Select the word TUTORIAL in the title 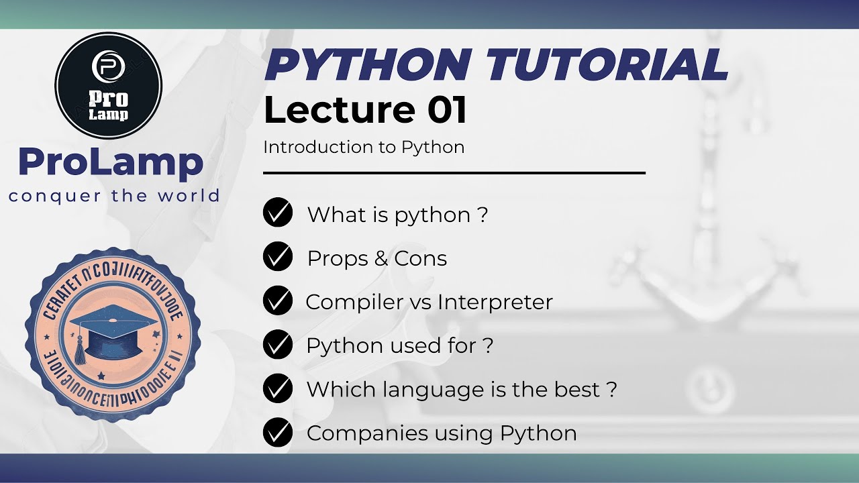(x=607, y=66)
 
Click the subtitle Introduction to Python (x=364, y=148)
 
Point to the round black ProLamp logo (x=109, y=85)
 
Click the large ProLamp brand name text (x=111, y=162)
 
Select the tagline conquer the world (x=114, y=196)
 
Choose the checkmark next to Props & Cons (x=278, y=258)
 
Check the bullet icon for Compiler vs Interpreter (x=278, y=301)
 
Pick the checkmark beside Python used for (x=278, y=345)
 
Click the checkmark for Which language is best (x=278, y=389)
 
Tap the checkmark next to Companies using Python (x=278, y=433)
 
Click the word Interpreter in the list (x=495, y=303)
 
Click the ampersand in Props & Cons (x=381, y=259)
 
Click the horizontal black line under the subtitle (x=454, y=173)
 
